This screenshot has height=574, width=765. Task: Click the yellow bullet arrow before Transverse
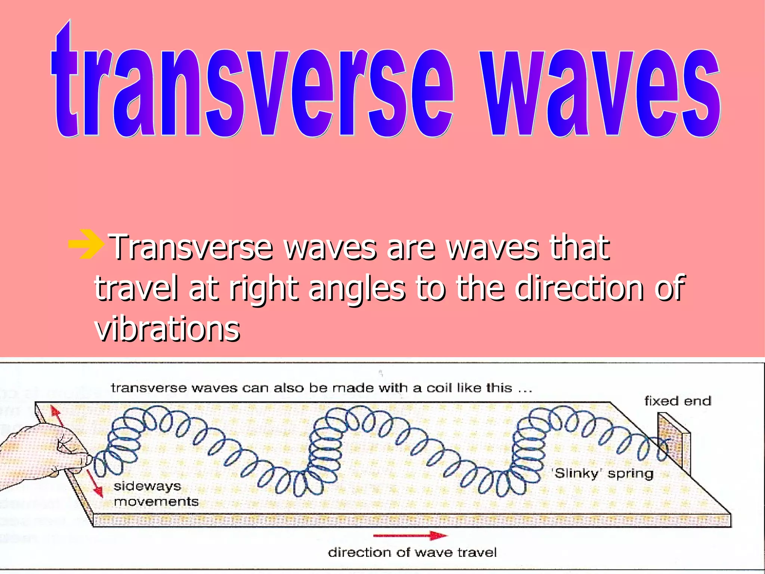click(x=86, y=245)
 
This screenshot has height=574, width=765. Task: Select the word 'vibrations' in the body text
click(x=167, y=329)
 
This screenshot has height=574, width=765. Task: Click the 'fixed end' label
click(x=678, y=401)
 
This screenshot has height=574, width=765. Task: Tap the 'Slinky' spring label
click(x=603, y=473)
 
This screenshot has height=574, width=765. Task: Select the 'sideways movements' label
click(x=155, y=494)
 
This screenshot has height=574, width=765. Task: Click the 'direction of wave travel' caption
click(x=412, y=552)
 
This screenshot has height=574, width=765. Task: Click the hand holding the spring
click(x=45, y=454)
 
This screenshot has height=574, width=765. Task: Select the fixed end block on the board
click(x=674, y=443)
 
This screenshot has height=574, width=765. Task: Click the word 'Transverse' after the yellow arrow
click(x=192, y=247)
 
